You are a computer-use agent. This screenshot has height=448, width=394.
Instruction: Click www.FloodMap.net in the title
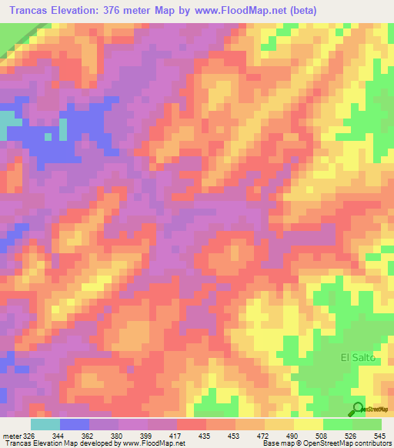pos(225,11)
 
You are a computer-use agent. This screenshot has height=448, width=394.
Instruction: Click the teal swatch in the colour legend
pos(45,424)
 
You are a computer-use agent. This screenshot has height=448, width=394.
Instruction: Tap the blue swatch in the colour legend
pos(74,424)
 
